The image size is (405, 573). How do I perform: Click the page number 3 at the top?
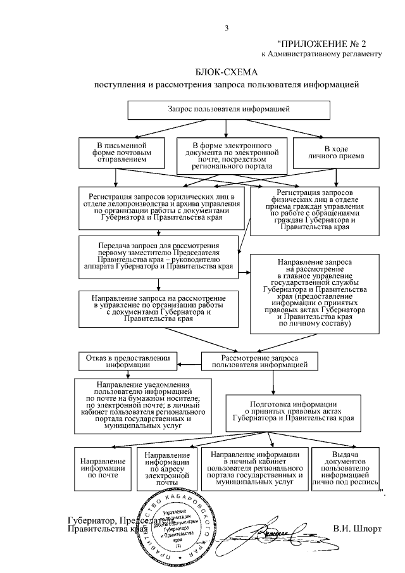[226, 27]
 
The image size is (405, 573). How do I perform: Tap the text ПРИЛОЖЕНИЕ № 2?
[322, 44]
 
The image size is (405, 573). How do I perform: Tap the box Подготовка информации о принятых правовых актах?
[292, 412]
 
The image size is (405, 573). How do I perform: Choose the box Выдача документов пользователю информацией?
[345, 469]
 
